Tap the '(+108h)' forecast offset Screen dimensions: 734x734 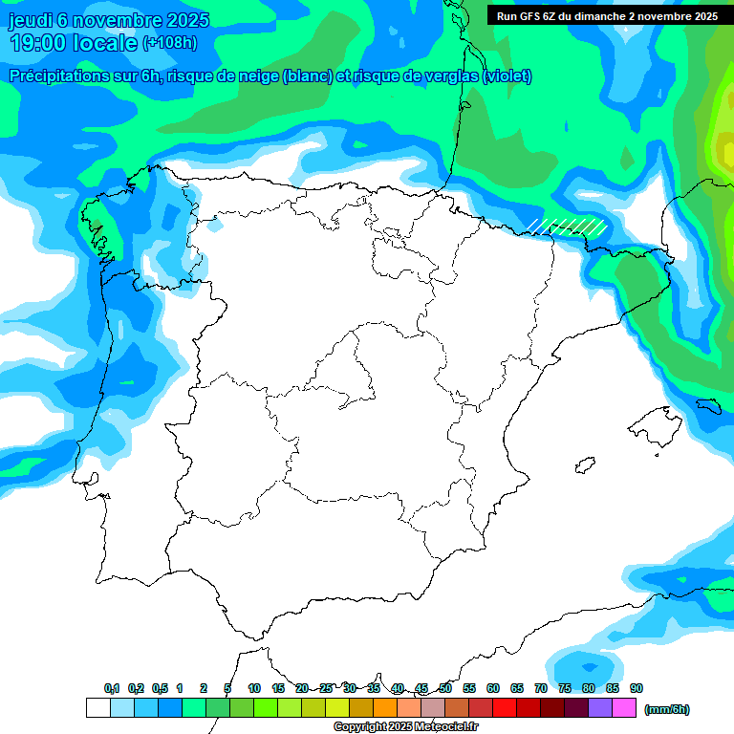(169, 43)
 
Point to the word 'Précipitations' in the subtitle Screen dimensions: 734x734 (58, 76)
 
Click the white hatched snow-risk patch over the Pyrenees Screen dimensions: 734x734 (568, 226)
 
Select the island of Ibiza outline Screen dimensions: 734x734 (584, 464)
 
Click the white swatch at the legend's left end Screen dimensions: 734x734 (97, 708)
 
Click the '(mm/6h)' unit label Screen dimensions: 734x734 (667, 708)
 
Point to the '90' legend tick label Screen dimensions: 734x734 (637, 688)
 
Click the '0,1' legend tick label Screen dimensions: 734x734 (112, 688)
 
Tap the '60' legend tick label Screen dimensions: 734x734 (493, 688)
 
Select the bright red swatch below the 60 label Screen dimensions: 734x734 (505, 708)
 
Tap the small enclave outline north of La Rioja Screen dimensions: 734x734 (389, 230)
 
